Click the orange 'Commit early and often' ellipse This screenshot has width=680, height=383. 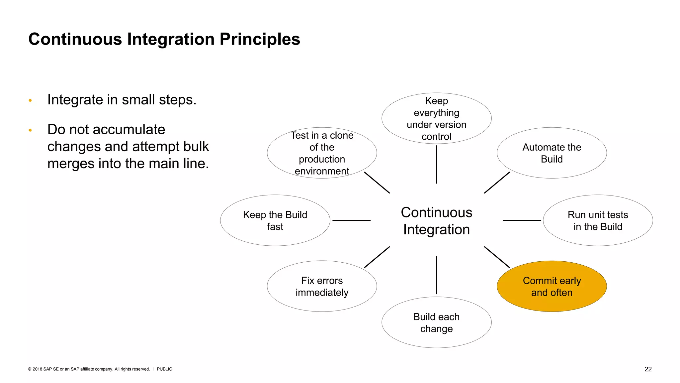[x=552, y=286]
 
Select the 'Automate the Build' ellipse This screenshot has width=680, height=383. [x=552, y=153]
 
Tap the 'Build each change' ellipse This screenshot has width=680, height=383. [x=436, y=322]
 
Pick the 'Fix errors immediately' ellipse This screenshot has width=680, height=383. [x=322, y=286]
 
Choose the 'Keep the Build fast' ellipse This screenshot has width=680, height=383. [x=275, y=220]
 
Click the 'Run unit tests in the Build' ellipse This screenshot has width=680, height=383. [x=598, y=220]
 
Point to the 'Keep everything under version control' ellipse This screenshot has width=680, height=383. [x=436, y=118]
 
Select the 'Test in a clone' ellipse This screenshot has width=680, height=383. [x=322, y=153]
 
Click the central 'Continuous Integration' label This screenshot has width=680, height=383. [x=436, y=221]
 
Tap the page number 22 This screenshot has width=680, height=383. [x=648, y=369]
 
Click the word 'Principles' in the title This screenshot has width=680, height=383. [x=260, y=39]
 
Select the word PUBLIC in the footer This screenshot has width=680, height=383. [x=164, y=369]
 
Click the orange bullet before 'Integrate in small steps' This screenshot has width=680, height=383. [x=30, y=100]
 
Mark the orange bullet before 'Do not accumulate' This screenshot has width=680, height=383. [x=30, y=130]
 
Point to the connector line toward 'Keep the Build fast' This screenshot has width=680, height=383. [x=351, y=220]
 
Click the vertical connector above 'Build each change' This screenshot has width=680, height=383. [x=436, y=275]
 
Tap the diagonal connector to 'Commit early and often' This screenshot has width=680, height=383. [x=497, y=257]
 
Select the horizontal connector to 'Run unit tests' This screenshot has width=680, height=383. [x=522, y=220]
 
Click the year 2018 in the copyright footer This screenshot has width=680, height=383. [x=37, y=369]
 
